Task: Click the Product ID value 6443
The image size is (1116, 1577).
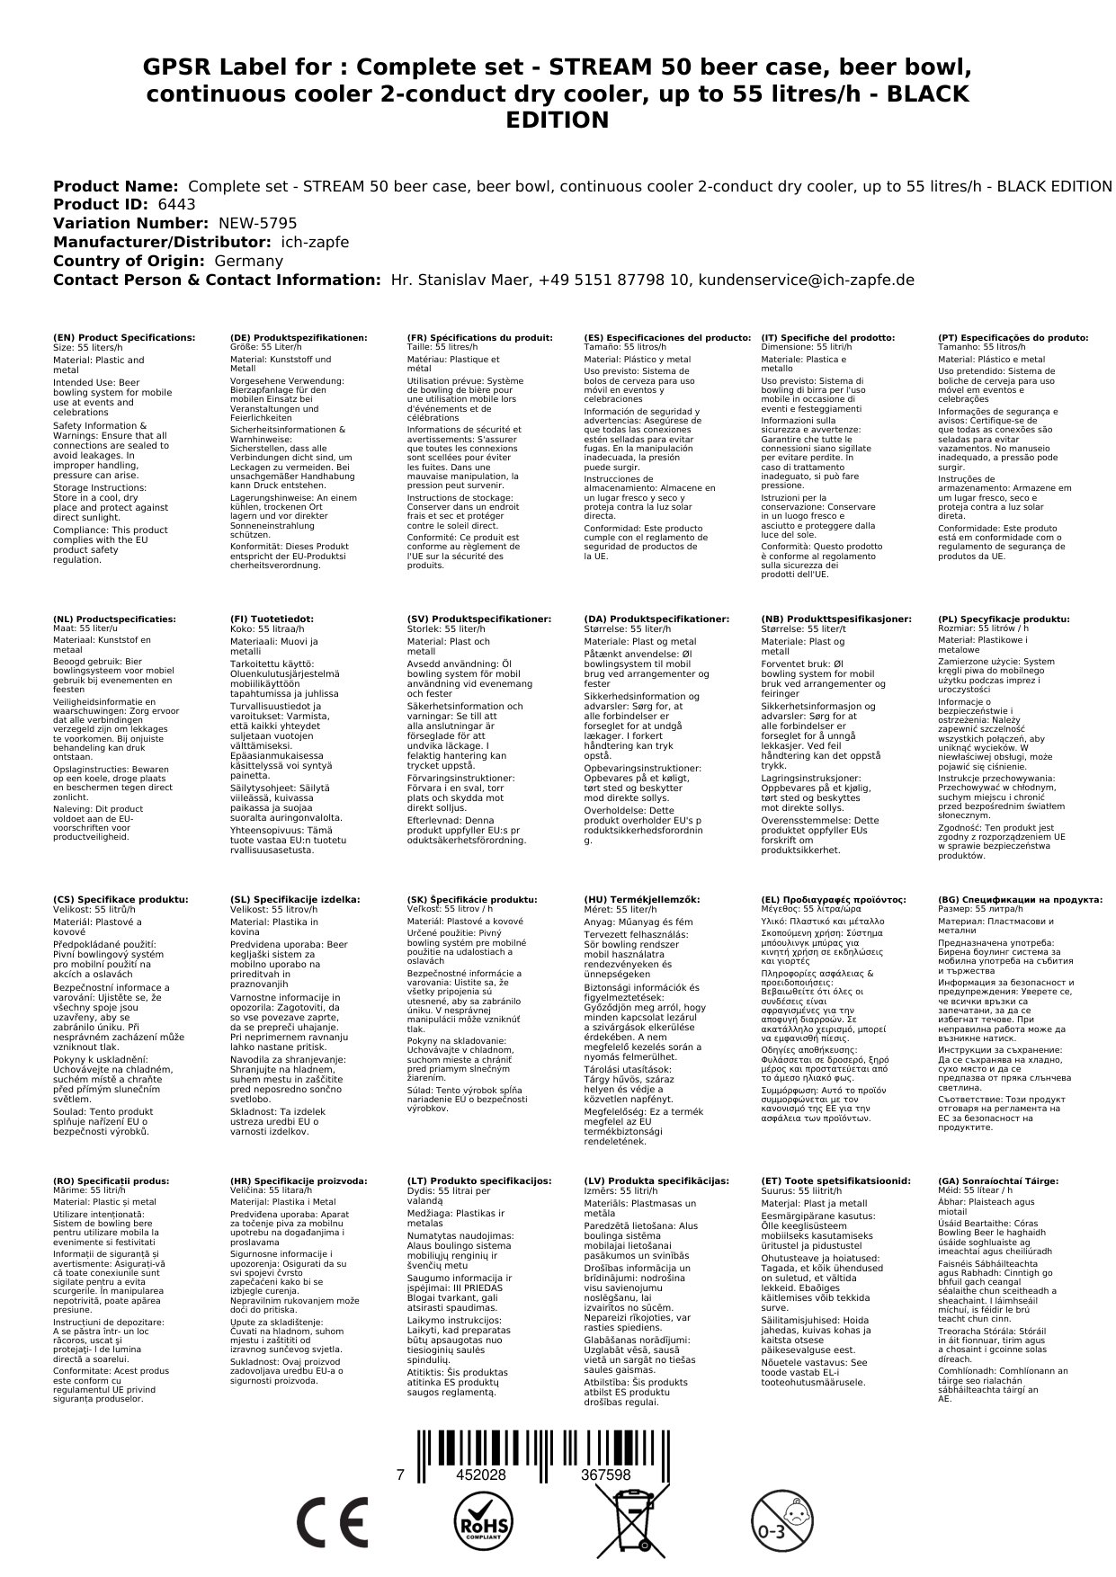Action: pyautogui.click(x=176, y=205)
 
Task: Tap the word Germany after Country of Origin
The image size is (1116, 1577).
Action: pyautogui.click(x=248, y=261)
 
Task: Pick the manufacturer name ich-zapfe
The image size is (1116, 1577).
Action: pyautogui.click(x=315, y=243)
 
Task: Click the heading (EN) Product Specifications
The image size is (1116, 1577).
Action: pyautogui.click(x=124, y=338)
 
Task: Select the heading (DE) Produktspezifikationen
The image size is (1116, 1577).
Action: pyautogui.click(x=299, y=338)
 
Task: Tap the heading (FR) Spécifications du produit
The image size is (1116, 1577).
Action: pyautogui.click(x=479, y=338)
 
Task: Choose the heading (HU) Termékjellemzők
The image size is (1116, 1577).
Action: pyautogui.click(x=641, y=899)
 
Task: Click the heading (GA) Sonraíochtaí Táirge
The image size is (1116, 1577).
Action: pyautogui.click(x=998, y=1181)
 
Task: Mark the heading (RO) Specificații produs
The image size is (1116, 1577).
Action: pyautogui.click(x=111, y=1181)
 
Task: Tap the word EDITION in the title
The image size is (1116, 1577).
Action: pyautogui.click(x=558, y=120)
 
